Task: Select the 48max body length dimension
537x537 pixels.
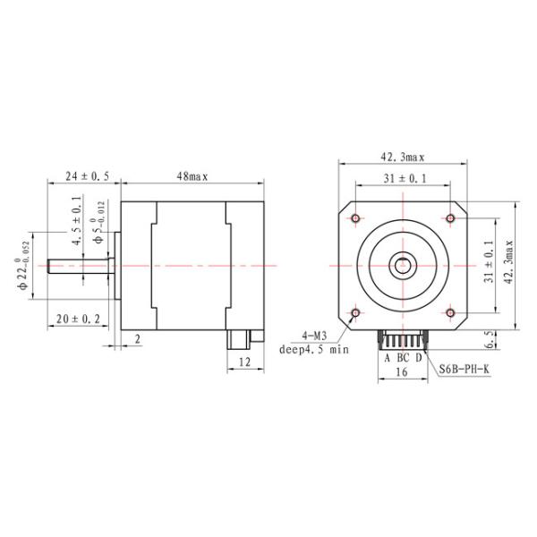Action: tap(192, 177)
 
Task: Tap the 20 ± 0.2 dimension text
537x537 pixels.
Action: tap(78, 319)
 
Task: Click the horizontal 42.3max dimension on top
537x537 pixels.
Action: tap(401, 158)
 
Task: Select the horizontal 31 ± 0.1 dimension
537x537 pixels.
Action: tap(405, 179)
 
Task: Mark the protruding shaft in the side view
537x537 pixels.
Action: tap(81, 266)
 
